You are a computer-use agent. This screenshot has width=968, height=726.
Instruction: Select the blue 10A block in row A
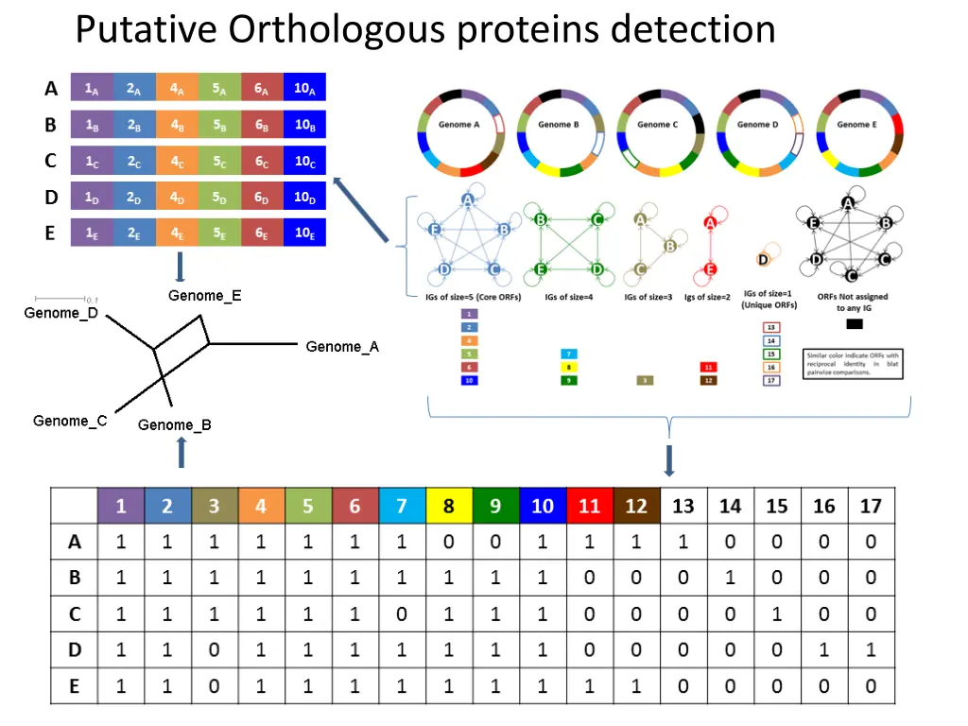304,89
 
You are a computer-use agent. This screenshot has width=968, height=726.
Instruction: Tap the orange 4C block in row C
177,161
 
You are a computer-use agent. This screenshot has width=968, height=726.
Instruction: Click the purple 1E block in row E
92,233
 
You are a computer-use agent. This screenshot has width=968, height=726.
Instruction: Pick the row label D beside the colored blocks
51,197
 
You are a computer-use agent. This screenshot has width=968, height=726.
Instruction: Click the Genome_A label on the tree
341,347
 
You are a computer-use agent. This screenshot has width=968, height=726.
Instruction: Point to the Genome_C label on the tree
70,421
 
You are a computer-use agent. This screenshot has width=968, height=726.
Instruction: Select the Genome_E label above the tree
205,296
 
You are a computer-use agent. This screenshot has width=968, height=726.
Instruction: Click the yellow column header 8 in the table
448,506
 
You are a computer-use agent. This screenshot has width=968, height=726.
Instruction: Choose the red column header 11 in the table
589,506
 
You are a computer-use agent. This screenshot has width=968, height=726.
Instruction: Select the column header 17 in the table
871,506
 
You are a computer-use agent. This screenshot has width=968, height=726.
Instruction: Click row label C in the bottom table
75,614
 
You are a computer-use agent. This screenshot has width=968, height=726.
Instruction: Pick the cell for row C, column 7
402,614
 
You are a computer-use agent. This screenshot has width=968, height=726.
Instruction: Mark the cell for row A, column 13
683,543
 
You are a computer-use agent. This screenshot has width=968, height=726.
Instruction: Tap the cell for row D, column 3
215,650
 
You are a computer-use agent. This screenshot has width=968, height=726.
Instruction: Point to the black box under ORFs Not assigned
854,324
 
